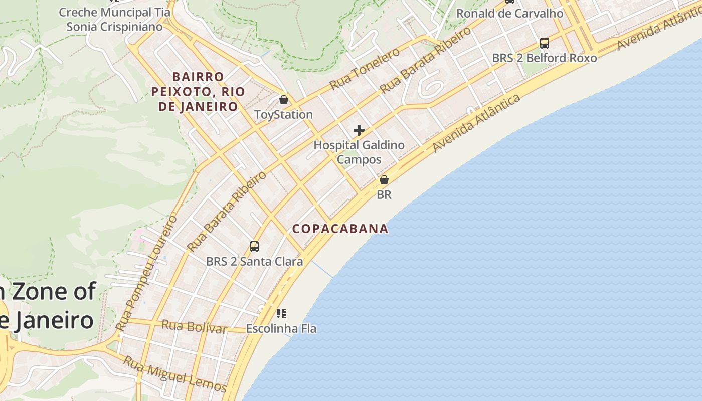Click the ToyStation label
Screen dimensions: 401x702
pyautogui.click(x=283, y=115)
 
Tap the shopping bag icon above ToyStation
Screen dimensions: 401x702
pyautogui.click(x=284, y=100)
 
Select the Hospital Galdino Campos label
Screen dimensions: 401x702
pyautogui.click(x=359, y=152)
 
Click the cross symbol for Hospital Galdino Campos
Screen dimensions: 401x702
pyautogui.click(x=359, y=130)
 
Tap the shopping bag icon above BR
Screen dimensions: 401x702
pyautogui.click(x=384, y=180)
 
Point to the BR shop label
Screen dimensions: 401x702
pyautogui.click(x=384, y=195)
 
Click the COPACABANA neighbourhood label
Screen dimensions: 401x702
pyautogui.click(x=340, y=229)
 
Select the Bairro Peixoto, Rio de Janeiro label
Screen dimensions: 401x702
pyautogui.click(x=198, y=92)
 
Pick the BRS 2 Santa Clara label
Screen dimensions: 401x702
pyautogui.click(x=254, y=262)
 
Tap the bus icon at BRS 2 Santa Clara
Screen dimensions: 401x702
pyautogui.click(x=254, y=247)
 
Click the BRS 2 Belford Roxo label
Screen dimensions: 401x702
pyautogui.click(x=544, y=58)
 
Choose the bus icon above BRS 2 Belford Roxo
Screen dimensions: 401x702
pyautogui.click(x=545, y=43)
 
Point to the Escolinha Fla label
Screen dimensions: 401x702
pyautogui.click(x=281, y=329)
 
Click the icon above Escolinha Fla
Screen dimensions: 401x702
pyautogui.click(x=281, y=314)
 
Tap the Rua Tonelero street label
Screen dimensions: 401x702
pyautogui.click(x=365, y=69)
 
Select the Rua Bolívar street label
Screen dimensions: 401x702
pyautogui.click(x=194, y=327)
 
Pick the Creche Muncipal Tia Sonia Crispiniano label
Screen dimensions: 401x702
pyautogui.click(x=115, y=19)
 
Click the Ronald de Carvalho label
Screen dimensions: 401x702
pyautogui.click(x=509, y=14)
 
